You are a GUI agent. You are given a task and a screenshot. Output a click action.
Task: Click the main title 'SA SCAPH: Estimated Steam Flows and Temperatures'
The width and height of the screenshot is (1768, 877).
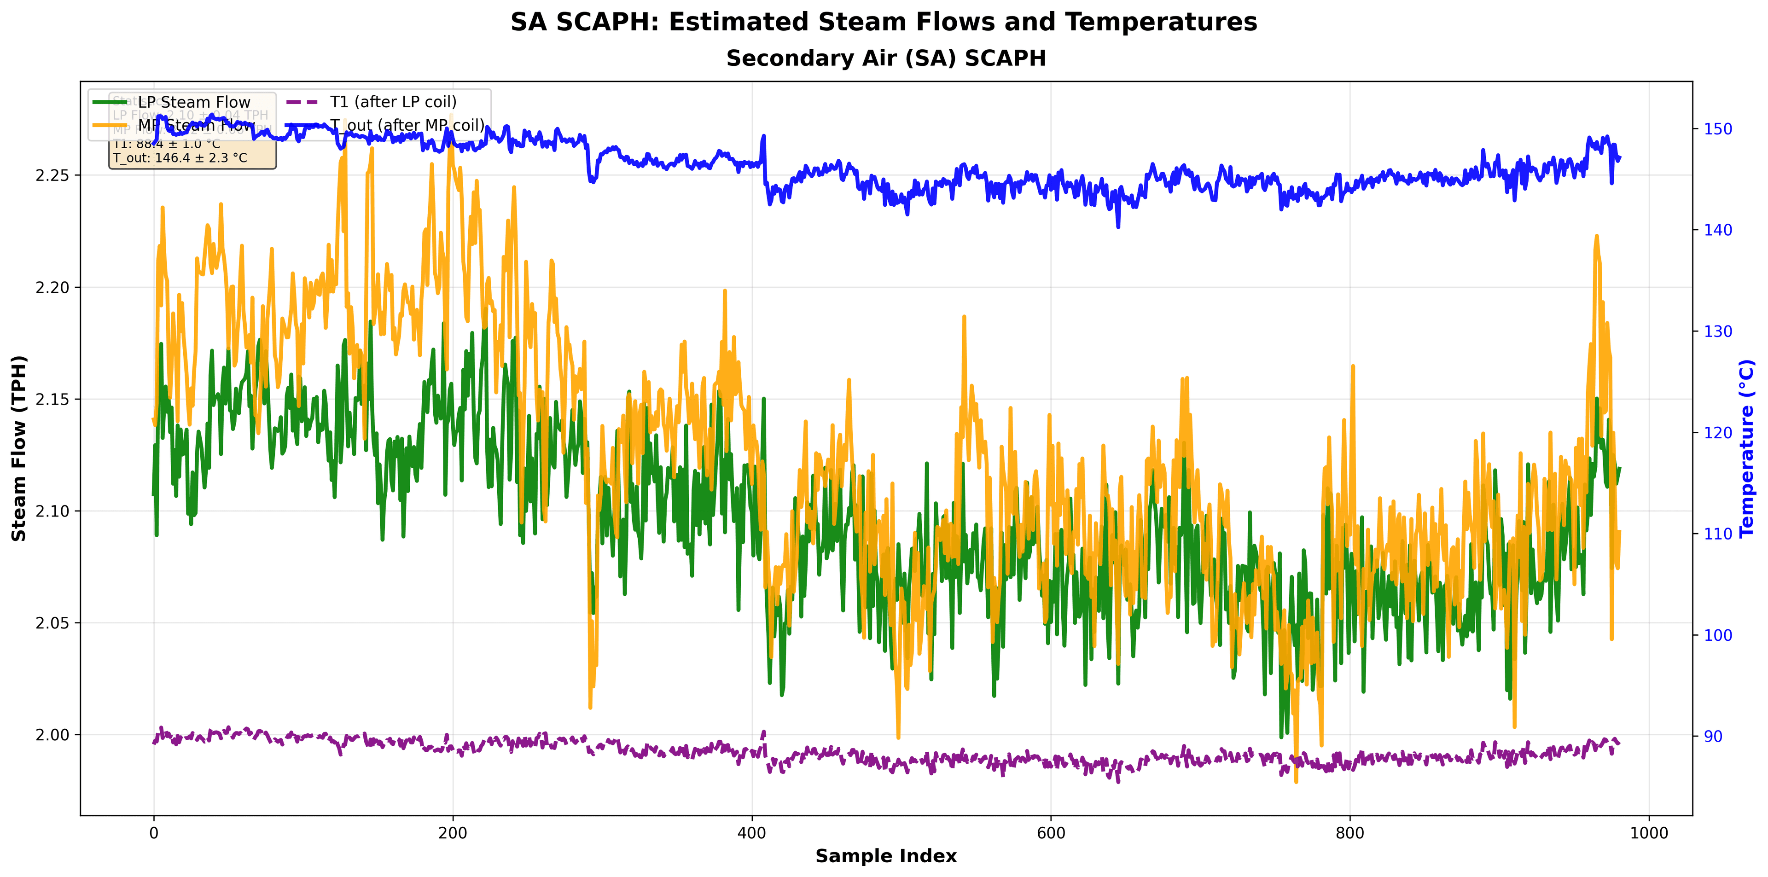tap(884, 23)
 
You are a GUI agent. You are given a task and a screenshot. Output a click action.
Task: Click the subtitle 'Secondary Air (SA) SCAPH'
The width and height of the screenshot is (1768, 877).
tap(885, 59)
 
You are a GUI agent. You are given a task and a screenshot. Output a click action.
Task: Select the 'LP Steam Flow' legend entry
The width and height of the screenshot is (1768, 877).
tap(193, 102)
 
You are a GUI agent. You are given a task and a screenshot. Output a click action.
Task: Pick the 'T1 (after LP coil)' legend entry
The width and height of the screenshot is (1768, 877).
tap(393, 102)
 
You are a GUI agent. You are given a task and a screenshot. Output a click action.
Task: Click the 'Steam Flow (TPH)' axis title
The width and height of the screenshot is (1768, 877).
tap(19, 448)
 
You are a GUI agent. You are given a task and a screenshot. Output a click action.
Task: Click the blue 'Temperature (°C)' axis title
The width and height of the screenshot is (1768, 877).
tap(1747, 448)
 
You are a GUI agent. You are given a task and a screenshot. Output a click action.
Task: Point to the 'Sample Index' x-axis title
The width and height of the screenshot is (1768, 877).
tap(885, 856)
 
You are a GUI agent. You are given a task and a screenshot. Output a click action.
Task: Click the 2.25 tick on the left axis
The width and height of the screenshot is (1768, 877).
tap(52, 176)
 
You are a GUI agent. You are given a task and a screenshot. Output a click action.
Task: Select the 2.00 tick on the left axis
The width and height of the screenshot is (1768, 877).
tap(52, 735)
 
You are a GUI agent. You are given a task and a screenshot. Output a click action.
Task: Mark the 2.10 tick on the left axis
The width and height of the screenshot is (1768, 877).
tap(52, 511)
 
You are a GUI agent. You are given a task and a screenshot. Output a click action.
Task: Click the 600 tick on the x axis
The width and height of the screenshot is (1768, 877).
tap(1051, 833)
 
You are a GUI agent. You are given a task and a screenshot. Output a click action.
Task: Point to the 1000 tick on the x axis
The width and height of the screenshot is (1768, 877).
tap(1649, 833)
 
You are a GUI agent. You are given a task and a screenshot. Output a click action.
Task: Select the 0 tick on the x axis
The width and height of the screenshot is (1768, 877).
tap(154, 833)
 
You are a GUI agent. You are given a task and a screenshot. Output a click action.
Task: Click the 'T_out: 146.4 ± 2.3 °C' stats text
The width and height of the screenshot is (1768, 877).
tap(180, 158)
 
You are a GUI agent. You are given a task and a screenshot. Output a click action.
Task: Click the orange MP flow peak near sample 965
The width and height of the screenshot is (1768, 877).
tap(1596, 237)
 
